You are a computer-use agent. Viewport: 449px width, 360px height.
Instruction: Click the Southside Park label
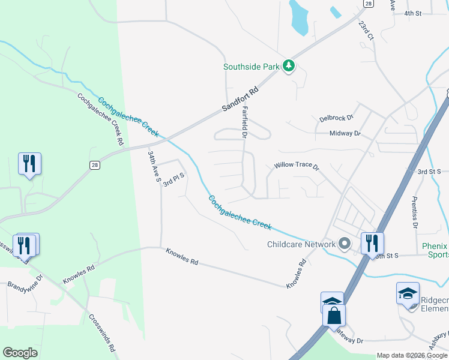(252, 67)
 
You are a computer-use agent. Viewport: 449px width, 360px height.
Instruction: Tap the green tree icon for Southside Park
(289, 66)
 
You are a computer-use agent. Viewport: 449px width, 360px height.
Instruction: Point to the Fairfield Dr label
(245, 123)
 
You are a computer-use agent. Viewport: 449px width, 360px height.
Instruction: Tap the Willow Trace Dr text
(296, 165)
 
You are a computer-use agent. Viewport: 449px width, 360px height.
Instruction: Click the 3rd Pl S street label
(172, 178)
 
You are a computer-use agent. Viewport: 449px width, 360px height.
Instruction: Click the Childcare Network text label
(301, 244)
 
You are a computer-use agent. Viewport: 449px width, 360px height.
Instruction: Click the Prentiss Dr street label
(414, 212)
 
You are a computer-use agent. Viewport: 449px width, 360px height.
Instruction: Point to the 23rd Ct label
(366, 31)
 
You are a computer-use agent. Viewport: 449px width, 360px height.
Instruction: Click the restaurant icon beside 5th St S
(372, 243)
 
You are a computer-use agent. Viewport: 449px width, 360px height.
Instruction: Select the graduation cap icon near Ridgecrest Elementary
(408, 293)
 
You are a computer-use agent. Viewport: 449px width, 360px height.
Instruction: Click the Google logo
(20, 353)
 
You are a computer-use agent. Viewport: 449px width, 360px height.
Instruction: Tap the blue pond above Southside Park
(299, 17)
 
